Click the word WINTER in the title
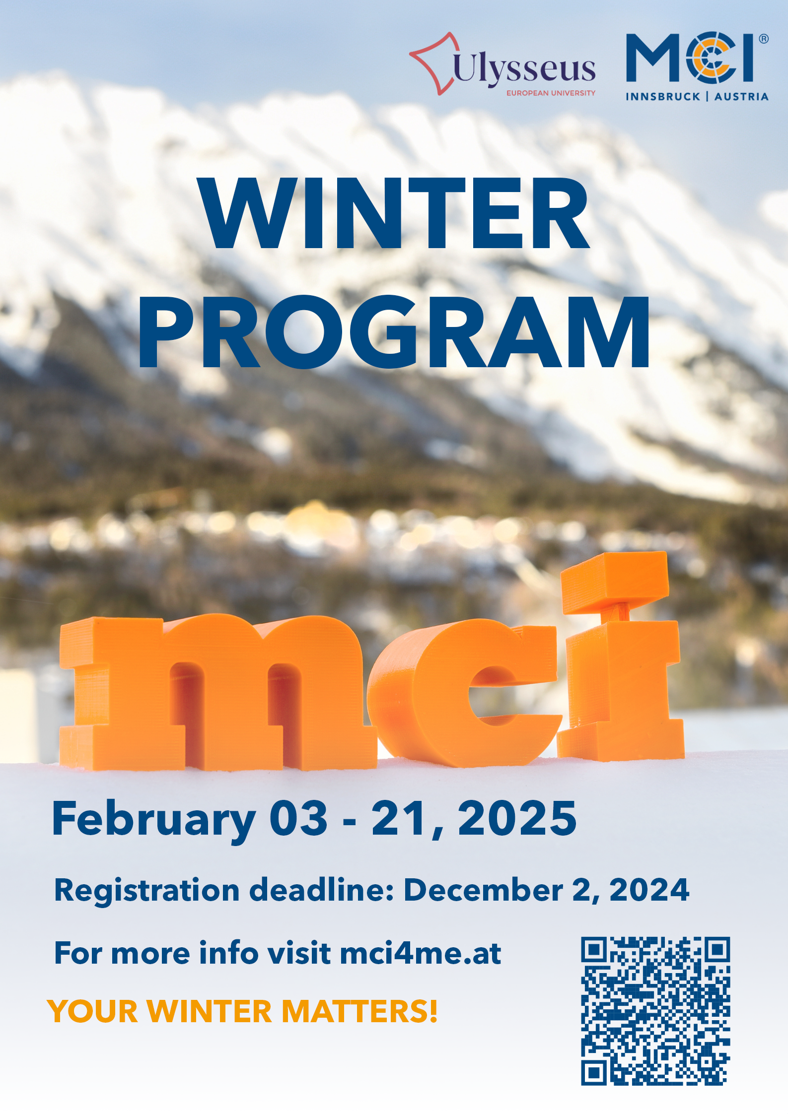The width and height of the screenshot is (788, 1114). [394, 213]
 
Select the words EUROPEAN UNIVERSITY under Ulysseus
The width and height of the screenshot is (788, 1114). [551, 93]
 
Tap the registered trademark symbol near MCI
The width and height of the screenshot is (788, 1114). [764, 39]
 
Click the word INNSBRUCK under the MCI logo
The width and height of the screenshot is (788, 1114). [663, 97]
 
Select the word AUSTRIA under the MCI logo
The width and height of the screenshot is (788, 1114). [741, 97]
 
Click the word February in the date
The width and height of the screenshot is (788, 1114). [154, 820]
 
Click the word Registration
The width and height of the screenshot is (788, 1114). [147, 891]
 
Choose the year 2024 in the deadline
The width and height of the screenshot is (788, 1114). [649, 889]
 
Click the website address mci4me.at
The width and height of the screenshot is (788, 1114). [421, 953]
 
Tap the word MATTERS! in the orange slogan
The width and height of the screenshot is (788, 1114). [359, 1011]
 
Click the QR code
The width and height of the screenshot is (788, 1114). [655, 1011]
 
